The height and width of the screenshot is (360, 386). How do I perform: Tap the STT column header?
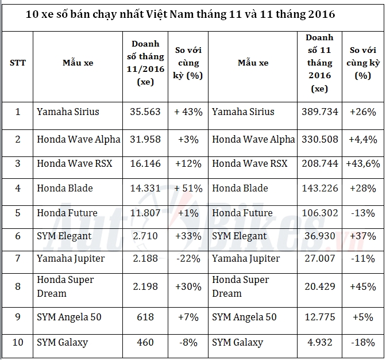(18, 63)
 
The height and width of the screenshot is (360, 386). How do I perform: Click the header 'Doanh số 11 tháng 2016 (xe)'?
(319, 63)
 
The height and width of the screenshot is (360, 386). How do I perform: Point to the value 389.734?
(319, 112)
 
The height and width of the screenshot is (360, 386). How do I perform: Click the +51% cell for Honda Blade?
(188, 188)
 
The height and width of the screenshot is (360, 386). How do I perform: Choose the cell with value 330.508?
(319, 139)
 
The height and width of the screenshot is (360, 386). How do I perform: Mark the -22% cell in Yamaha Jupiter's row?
(188, 259)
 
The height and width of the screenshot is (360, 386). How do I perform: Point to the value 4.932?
(319, 343)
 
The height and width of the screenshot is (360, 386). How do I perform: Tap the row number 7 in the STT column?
(18, 259)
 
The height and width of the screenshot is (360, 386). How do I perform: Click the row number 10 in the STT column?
(18, 343)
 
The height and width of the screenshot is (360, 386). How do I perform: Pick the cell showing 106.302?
(319, 213)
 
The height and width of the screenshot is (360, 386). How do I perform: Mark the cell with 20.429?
(319, 286)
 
